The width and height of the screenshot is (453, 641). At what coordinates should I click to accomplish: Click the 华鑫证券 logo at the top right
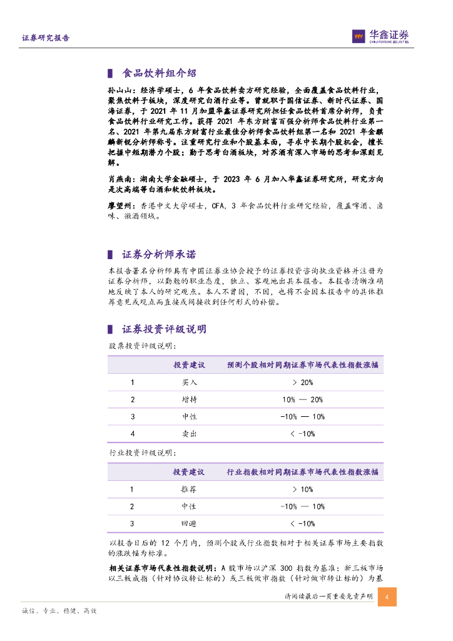pos(380,37)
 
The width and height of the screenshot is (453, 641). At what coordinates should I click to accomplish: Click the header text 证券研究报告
pos(46,38)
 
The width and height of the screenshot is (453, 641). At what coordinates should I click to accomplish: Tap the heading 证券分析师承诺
pos(159,255)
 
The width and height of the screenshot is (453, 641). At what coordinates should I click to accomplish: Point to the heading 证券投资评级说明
pos(164,329)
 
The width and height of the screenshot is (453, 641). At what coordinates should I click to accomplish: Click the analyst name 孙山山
pos(118,91)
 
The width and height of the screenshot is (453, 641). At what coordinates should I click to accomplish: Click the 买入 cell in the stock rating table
pos(189,382)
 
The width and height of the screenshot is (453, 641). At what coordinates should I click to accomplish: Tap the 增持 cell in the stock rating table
pos(189,399)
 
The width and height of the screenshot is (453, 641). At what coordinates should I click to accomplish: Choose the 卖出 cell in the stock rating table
pos(189,433)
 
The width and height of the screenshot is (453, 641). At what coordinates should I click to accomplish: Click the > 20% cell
pos(302,382)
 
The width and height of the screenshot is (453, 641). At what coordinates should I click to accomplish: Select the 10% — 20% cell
pos(302,399)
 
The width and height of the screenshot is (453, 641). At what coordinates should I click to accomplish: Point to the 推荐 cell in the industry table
pos(189,490)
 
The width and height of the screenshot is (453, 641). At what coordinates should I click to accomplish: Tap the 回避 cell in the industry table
pos(189,523)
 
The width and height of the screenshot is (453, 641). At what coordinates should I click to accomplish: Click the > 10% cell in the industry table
pos(302,490)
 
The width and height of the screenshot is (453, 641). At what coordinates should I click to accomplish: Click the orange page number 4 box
pos(387,597)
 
